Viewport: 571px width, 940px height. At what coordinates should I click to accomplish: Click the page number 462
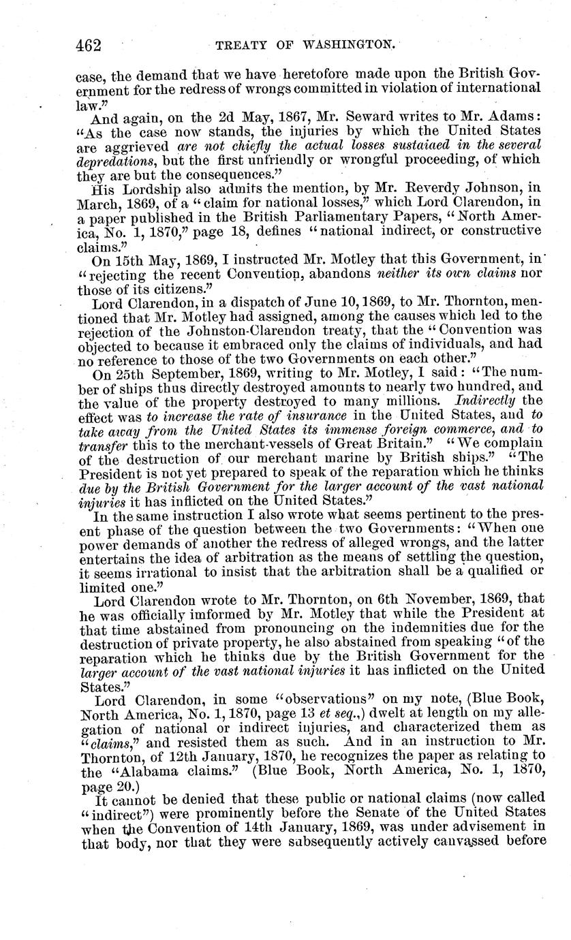pyautogui.click(x=88, y=45)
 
